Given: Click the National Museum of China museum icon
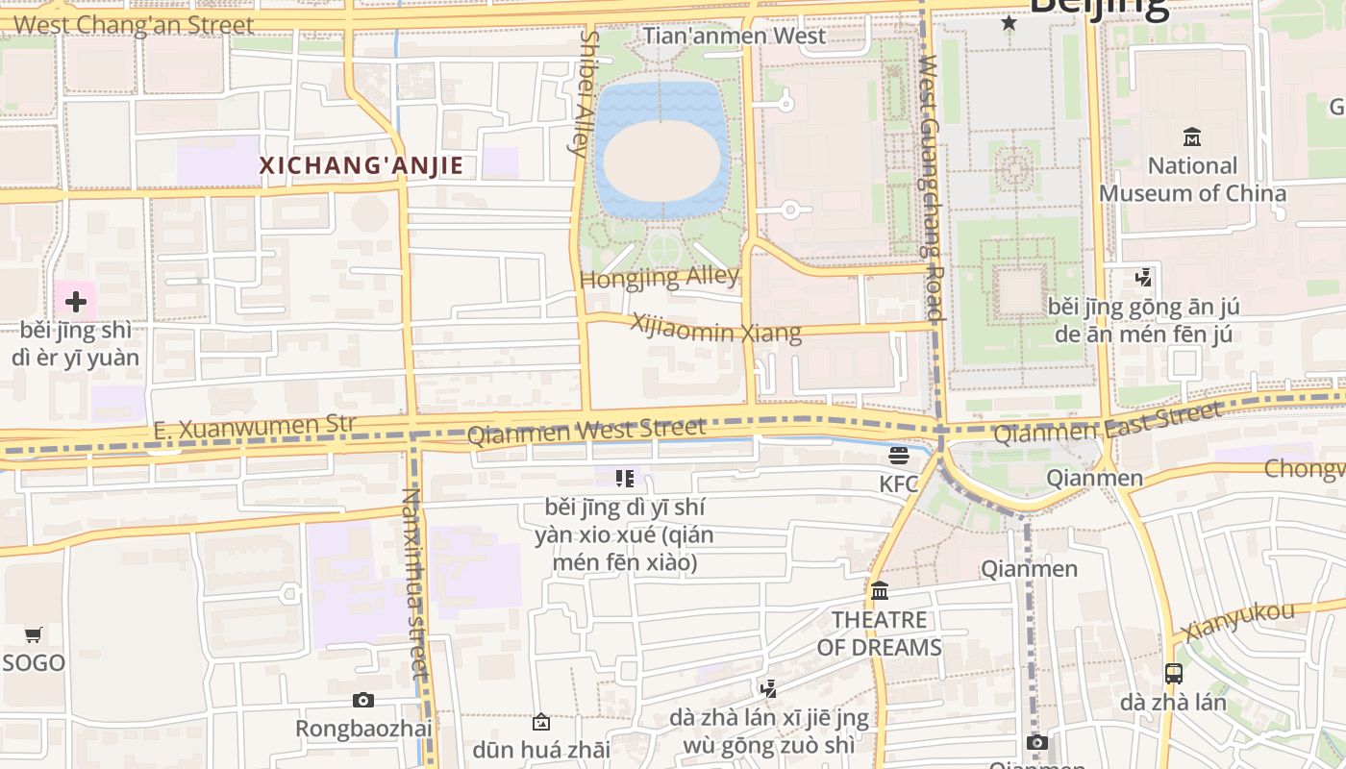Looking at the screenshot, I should (1192, 136).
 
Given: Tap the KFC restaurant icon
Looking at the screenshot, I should (899, 455).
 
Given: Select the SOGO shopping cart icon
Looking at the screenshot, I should (34, 634).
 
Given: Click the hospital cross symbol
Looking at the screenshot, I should (75, 302).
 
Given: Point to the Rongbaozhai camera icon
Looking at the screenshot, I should (362, 700).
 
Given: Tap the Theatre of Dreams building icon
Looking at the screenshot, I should (879, 590).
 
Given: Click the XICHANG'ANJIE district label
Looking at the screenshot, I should (361, 165).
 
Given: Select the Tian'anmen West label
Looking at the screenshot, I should (734, 37).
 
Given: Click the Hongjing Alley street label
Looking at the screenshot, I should (660, 278).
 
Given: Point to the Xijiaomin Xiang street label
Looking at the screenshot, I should (715, 327).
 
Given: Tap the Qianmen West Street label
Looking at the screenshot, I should (586, 430).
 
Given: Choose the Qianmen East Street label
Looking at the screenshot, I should (1108, 423).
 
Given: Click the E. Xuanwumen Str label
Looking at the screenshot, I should (254, 427).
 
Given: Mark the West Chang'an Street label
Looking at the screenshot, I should (135, 25).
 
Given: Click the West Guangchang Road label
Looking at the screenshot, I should (931, 187).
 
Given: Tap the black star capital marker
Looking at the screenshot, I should (1009, 22).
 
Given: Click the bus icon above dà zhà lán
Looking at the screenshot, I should (1173, 673).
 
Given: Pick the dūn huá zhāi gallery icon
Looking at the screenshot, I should (541, 721).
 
